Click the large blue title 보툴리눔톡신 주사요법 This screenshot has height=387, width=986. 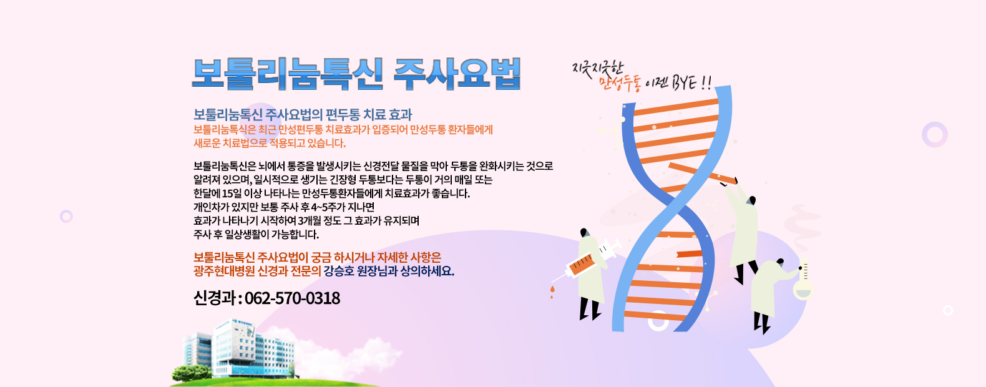(x=356, y=74)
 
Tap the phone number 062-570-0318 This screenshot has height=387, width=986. (x=292, y=298)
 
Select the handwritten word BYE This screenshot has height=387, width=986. (x=684, y=82)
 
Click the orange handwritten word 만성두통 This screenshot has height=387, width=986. (x=620, y=83)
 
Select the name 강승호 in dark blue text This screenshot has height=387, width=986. (x=339, y=271)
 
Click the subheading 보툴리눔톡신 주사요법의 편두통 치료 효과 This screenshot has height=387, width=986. (x=303, y=114)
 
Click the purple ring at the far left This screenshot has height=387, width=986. (x=66, y=216)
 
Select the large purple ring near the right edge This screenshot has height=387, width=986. (x=934, y=135)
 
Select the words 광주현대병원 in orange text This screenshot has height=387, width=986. (x=224, y=271)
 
